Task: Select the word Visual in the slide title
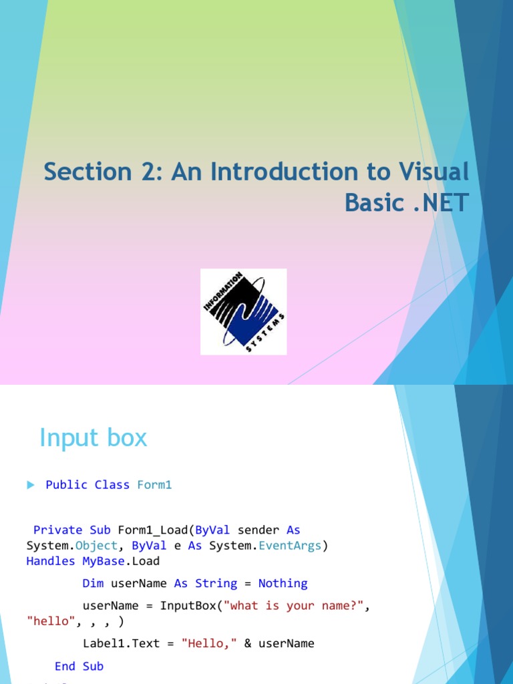click(x=434, y=172)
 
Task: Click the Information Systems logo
click(x=244, y=311)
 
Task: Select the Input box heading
click(x=93, y=438)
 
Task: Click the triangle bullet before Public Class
click(x=31, y=485)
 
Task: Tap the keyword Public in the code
click(x=67, y=485)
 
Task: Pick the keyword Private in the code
click(x=57, y=530)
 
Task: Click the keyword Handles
click(x=51, y=561)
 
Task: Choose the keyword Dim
click(x=93, y=583)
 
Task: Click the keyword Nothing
click(x=283, y=583)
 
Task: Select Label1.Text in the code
click(x=121, y=643)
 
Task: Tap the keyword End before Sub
click(x=65, y=666)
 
